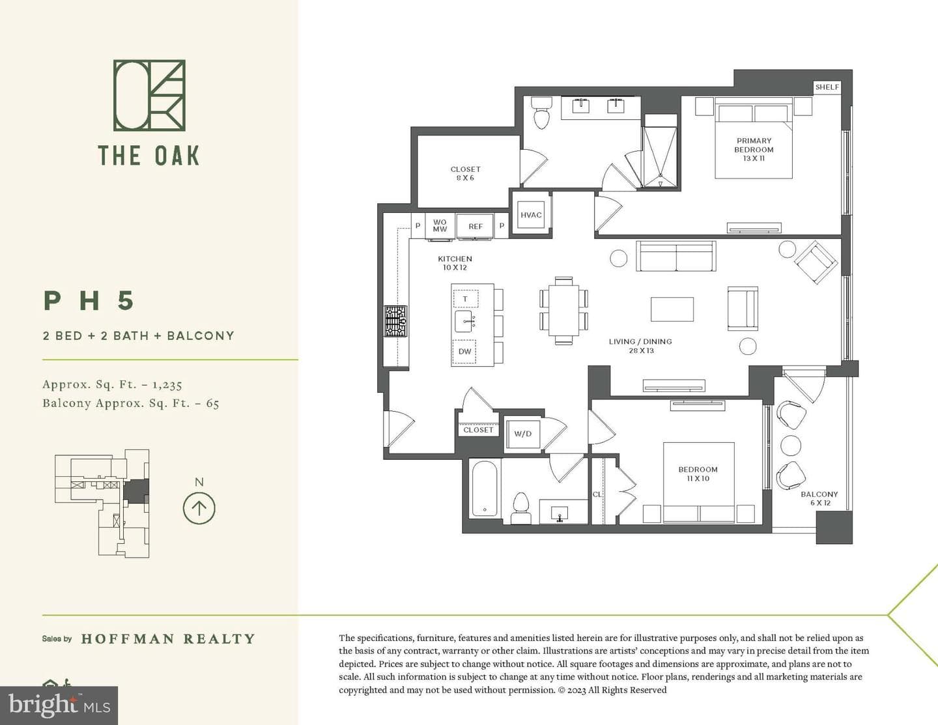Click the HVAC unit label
coord(530,215)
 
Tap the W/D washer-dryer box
coord(522,433)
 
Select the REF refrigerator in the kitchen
coord(476,226)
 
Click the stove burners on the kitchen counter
coord(396,321)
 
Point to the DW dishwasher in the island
coord(465,352)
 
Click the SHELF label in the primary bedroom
coord(827,87)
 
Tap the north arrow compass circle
coord(199,508)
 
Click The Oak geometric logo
coord(149,95)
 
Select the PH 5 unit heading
coord(89,300)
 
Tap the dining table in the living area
coord(563,311)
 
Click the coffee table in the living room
coord(672,309)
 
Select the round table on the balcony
coord(791,445)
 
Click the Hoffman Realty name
coord(168,638)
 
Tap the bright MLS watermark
coord(59,705)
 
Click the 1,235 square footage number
coord(167,384)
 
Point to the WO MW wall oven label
coord(440,225)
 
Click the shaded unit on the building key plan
coord(136,490)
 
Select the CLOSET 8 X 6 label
coord(465,173)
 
